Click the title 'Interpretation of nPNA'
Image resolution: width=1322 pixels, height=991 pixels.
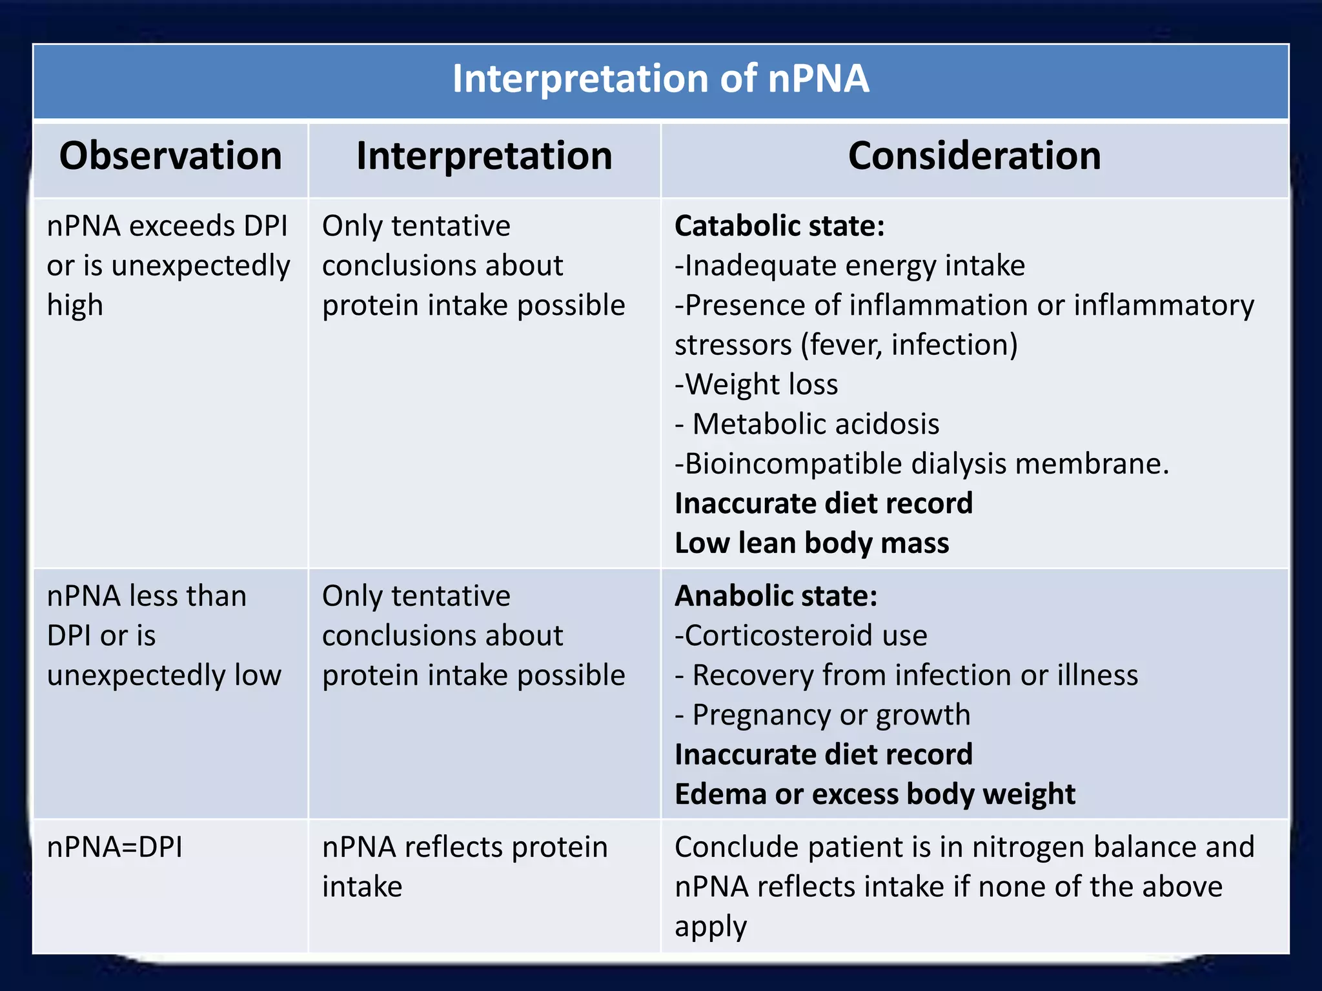pos(660,79)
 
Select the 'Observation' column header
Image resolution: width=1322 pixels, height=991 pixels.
pos(170,156)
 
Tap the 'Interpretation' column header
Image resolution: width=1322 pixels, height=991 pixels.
pos(484,156)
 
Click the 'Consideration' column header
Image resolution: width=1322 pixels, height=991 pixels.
pos(974,156)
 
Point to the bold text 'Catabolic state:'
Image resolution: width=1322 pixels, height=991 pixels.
pos(779,226)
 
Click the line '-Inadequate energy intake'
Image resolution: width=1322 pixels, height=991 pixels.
pos(849,266)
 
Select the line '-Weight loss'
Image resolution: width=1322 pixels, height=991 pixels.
pos(756,385)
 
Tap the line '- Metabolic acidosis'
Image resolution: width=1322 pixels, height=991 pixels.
pos(807,425)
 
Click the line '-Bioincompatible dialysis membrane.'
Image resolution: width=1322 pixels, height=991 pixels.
pos(921,464)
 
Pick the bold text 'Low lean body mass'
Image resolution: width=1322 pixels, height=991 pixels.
pos(811,543)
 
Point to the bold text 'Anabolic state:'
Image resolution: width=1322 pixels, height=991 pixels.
pos(776,596)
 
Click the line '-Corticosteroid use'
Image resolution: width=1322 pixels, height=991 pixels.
pos(800,636)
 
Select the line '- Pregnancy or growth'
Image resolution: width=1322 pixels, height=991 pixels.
pos(822,715)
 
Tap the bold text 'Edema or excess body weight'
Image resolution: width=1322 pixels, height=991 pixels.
pos(875,794)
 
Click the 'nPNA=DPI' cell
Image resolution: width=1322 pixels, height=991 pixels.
pos(115,847)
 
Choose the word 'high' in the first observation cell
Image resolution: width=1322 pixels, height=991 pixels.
pos(75,306)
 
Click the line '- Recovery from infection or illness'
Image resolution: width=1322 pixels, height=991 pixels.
pos(906,676)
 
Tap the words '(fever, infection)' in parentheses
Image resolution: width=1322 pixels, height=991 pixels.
pos(909,345)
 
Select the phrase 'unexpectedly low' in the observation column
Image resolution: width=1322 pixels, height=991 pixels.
pos(164,676)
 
